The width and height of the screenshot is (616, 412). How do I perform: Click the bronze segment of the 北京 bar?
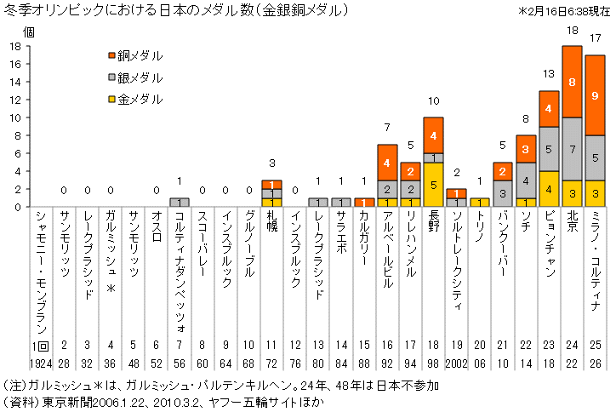[571, 82]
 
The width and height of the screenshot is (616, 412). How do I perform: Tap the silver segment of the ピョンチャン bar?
[548, 148]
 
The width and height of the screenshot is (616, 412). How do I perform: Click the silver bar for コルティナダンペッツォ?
[180, 202]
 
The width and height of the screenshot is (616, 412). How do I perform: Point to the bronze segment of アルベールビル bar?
[387, 162]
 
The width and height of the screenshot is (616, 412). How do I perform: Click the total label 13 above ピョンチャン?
[548, 73]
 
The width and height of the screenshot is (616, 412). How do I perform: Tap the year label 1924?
[40, 364]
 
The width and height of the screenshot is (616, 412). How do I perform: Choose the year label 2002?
[456, 364]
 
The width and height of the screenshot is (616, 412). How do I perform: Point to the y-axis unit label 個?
[28, 31]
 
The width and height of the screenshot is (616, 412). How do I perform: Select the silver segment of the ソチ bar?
[525, 180]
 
